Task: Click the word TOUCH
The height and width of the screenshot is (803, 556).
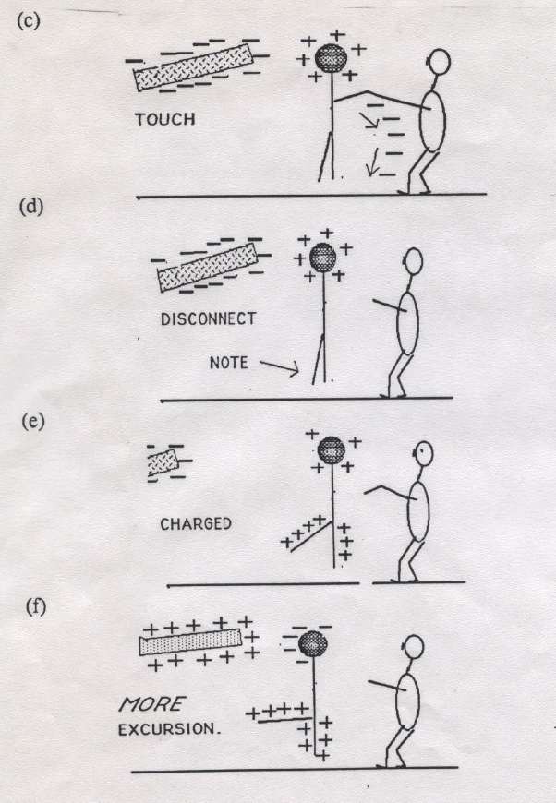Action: [165, 119]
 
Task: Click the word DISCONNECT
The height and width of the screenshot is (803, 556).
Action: [208, 319]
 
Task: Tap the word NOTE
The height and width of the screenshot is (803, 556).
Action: [228, 363]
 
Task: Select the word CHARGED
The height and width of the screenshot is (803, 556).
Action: [196, 524]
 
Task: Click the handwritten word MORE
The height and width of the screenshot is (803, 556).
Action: [152, 704]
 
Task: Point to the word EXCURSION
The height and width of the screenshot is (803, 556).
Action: [168, 729]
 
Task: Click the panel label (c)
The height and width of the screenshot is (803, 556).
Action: [29, 20]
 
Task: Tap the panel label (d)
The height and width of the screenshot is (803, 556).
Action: [30, 207]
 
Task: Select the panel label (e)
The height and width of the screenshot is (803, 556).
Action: [33, 421]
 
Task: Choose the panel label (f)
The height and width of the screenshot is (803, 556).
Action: [36, 606]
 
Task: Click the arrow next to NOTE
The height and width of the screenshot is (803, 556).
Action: [279, 367]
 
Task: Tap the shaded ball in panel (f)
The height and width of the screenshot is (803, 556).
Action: [312, 643]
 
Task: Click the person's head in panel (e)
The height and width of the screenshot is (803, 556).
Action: [423, 454]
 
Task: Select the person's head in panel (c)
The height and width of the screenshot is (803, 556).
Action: [438, 62]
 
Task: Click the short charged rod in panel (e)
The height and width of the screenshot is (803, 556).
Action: [163, 462]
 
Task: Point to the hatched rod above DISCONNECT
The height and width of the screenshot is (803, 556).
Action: [208, 268]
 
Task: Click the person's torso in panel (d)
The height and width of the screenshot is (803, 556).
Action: [408, 322]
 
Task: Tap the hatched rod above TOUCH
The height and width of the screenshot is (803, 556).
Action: [193, 66]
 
